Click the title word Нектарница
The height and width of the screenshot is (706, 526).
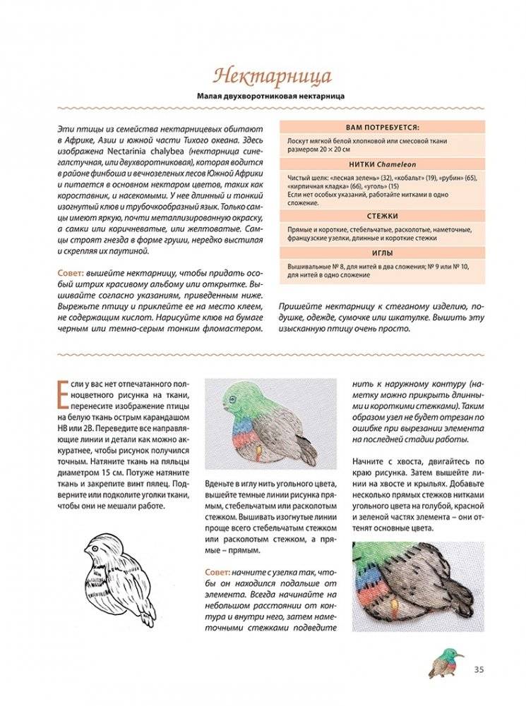[x=263, y=75]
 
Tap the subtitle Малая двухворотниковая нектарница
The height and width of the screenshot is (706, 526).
[x=263, y=96]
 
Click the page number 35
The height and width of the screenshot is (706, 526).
[x=479, y=669]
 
